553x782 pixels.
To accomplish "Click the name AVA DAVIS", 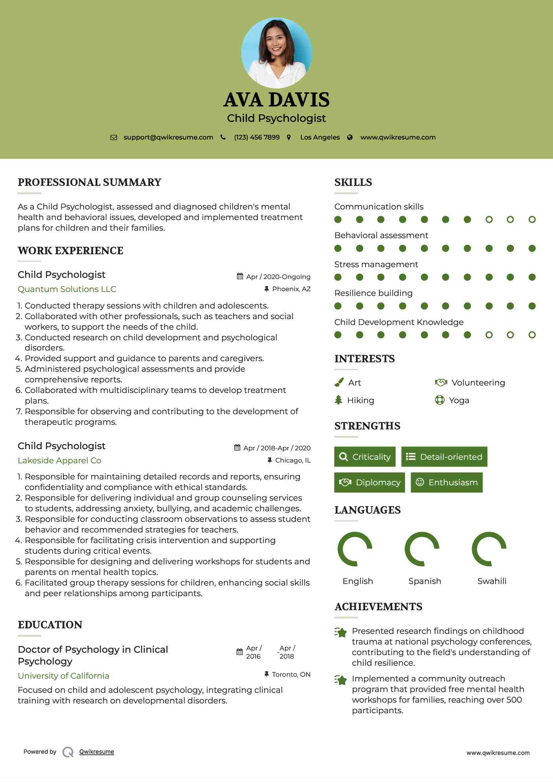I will coord(276,100).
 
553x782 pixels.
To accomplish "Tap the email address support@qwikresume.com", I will coord(168,137).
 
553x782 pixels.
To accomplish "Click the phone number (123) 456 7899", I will coord(257,137).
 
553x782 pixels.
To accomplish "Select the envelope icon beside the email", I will coord(114,138).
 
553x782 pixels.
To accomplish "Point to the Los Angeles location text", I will coord(320,137).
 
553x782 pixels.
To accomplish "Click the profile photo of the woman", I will coord(276,53).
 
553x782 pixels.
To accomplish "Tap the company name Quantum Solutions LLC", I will coord(67,289).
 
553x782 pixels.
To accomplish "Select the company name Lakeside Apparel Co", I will coord(59,461).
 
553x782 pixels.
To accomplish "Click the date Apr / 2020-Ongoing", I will coord(278,277).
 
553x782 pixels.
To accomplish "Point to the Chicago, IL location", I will coord(292,460).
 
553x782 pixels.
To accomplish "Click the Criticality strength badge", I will coord(365,457).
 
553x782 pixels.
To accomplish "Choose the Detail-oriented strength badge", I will coord(444,457).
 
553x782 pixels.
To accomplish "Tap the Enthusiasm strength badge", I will coord(446,482).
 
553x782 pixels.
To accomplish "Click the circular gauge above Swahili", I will coord(489,549).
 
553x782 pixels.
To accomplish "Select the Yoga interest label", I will coord(459,400).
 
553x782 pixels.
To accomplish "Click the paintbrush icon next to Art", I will coord(339,382).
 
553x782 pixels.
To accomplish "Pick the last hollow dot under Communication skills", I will coord(532,220).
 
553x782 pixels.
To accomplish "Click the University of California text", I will coord(63,676).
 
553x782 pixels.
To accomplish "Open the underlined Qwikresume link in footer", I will coord(97,752).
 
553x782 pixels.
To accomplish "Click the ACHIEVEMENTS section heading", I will coord(378,607).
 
